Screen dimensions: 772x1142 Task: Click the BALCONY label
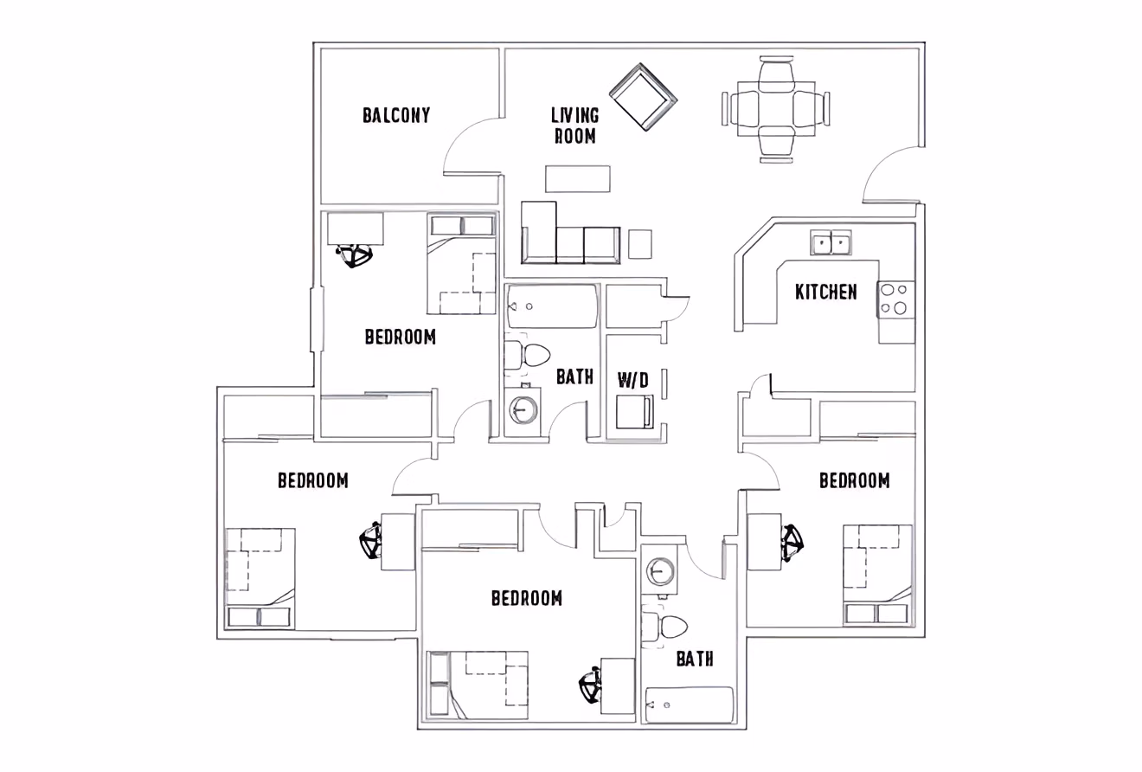[x=395, y=115]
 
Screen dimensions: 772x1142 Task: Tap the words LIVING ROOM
[x=574, y=125]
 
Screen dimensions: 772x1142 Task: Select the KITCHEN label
[x=826, y=292]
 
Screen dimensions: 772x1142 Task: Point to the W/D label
[x=632, y=379]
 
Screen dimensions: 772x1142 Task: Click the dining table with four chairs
[x=776, y=109]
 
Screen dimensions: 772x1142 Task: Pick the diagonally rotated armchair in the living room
[x=643, y=97]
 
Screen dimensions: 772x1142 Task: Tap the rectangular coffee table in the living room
[x=577, y=178]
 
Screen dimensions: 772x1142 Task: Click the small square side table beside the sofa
[x=639, y=243]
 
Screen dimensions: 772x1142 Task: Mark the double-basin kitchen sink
[x=831, y=242]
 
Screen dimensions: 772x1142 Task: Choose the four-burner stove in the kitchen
[x=895, y=299]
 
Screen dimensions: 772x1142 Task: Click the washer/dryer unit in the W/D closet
[x=633, y=412]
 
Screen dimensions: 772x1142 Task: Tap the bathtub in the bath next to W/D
[x=551, y=306]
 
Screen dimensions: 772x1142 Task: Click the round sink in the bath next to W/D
[x=523, y=409]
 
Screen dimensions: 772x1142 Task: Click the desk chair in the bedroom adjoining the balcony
[x=354, y=255]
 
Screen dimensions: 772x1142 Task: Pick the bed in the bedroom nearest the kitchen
[x=877, y=574]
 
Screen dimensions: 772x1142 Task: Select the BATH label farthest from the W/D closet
[x=695, y=659]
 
